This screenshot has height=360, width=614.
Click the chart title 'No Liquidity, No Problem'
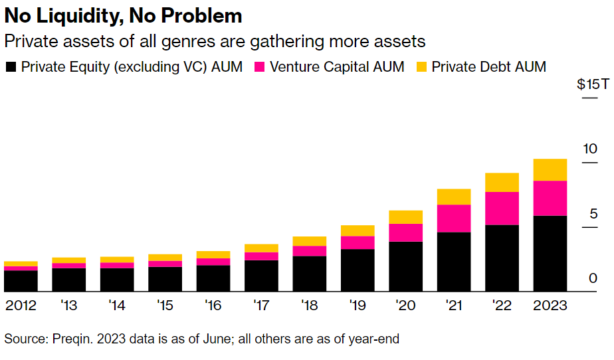124,15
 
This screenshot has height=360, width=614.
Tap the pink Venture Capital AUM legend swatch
260,67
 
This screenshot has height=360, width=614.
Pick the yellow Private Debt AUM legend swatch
421,67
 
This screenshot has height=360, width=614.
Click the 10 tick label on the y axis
590,149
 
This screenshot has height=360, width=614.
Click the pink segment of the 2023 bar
550,198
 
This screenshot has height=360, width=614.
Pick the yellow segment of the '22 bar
502,182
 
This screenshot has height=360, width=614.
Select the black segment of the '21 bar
454,262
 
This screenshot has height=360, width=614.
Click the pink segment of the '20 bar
405,232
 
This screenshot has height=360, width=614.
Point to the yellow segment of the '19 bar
358,230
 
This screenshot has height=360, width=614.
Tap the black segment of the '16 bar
213,278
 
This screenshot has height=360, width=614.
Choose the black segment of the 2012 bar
21,281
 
